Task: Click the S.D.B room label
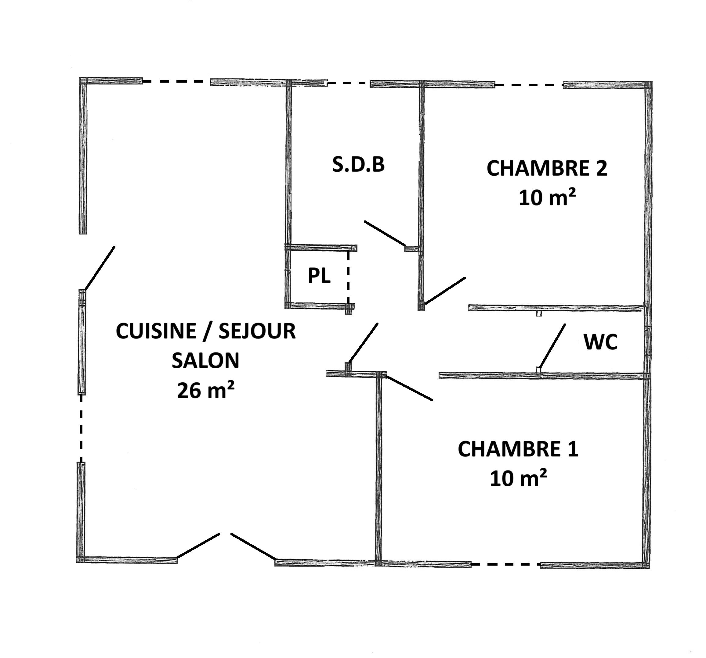(358, 165)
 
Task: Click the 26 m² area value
(206, 390)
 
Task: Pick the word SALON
(206, 361)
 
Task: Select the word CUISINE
(156, 331)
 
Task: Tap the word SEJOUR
(257, 331)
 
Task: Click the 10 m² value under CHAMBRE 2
(547, 198)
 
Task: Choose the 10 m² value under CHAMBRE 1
(518, 478)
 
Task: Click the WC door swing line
(552, 346)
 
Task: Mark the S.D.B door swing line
(385, 233)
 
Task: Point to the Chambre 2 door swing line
(445, 291)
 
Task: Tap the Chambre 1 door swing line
(409, 388)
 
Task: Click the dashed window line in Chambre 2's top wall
(529, 85)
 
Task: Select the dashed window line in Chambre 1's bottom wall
(506, 564)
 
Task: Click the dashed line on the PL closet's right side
(348, 277)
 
